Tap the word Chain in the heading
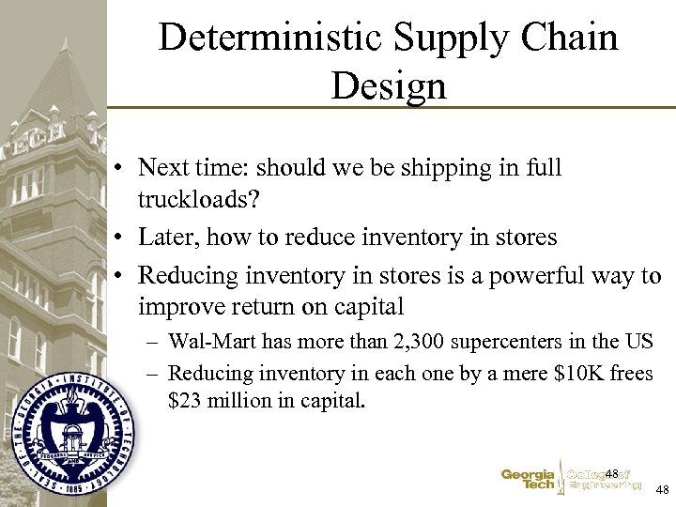566,38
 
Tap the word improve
181,307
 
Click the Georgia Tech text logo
528,480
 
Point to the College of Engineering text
607,480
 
